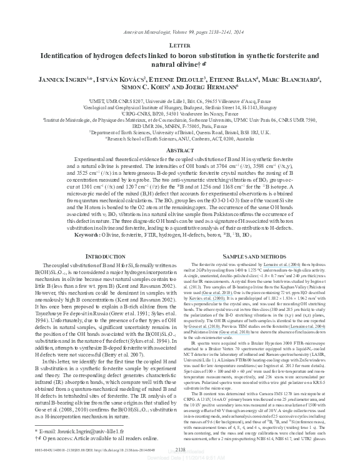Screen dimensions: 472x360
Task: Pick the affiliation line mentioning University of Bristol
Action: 180,133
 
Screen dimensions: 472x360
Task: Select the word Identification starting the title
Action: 67,55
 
